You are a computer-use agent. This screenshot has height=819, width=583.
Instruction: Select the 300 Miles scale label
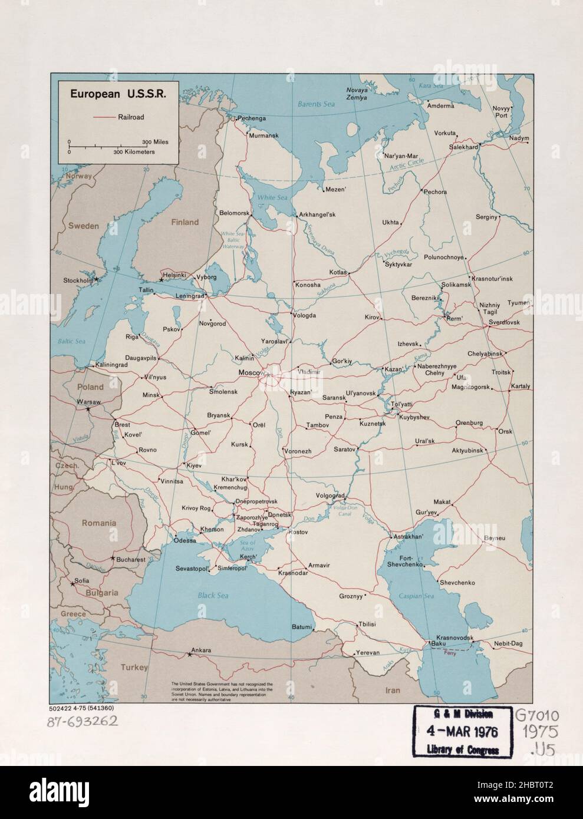155,143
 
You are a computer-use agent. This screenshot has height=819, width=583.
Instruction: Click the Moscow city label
250,374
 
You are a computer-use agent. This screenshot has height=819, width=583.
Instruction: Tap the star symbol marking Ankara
189,654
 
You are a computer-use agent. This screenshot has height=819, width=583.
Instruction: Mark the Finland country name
185,222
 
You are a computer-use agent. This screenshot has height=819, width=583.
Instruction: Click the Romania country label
99,523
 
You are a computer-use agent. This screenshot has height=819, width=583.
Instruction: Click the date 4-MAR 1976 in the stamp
463,732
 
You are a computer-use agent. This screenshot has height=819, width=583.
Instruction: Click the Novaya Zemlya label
357,94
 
